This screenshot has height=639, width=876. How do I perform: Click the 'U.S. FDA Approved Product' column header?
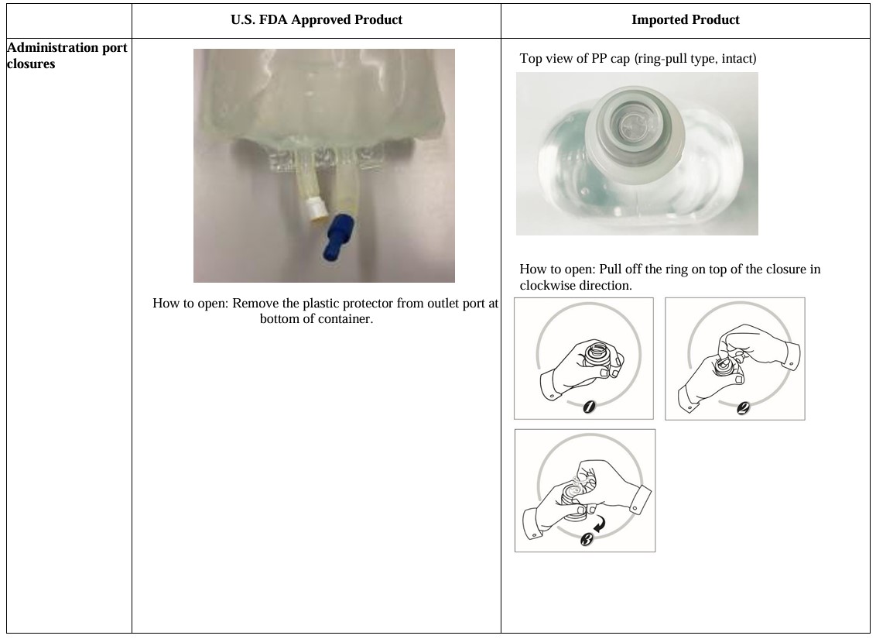317,19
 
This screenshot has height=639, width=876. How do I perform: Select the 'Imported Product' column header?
686,19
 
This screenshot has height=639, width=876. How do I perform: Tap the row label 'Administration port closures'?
67,55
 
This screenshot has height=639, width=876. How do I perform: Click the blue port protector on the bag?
337,237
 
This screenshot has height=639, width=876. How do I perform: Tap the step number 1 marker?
589,407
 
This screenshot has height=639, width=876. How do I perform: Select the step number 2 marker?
742,408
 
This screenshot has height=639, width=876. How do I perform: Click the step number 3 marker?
587,539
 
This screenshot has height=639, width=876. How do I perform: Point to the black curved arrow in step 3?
600,524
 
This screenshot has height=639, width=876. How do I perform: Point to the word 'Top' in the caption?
529,59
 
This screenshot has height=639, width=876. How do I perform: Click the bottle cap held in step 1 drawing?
597,355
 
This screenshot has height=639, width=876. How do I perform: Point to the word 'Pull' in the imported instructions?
610,269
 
